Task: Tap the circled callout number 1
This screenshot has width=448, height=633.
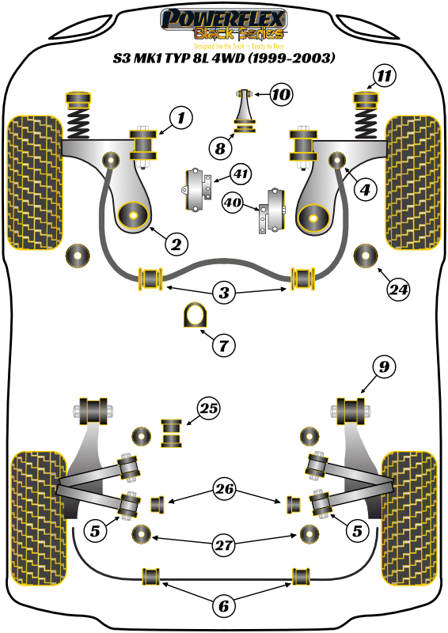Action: (x=180, y=119)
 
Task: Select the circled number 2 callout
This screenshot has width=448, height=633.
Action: (x=176, y=243)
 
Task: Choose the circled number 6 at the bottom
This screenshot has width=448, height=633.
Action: (x=223, y=606)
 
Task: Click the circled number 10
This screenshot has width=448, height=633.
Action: (x=279, y=96)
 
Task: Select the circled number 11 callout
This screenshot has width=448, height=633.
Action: (x=383, y=77)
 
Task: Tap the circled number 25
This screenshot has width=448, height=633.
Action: (x=209, y=409)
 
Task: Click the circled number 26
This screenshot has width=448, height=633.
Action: (x=224, y=490)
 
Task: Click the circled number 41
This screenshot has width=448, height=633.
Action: (x=241, y=172)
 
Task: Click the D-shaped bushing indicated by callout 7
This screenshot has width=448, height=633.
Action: (x=194, y=315)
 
